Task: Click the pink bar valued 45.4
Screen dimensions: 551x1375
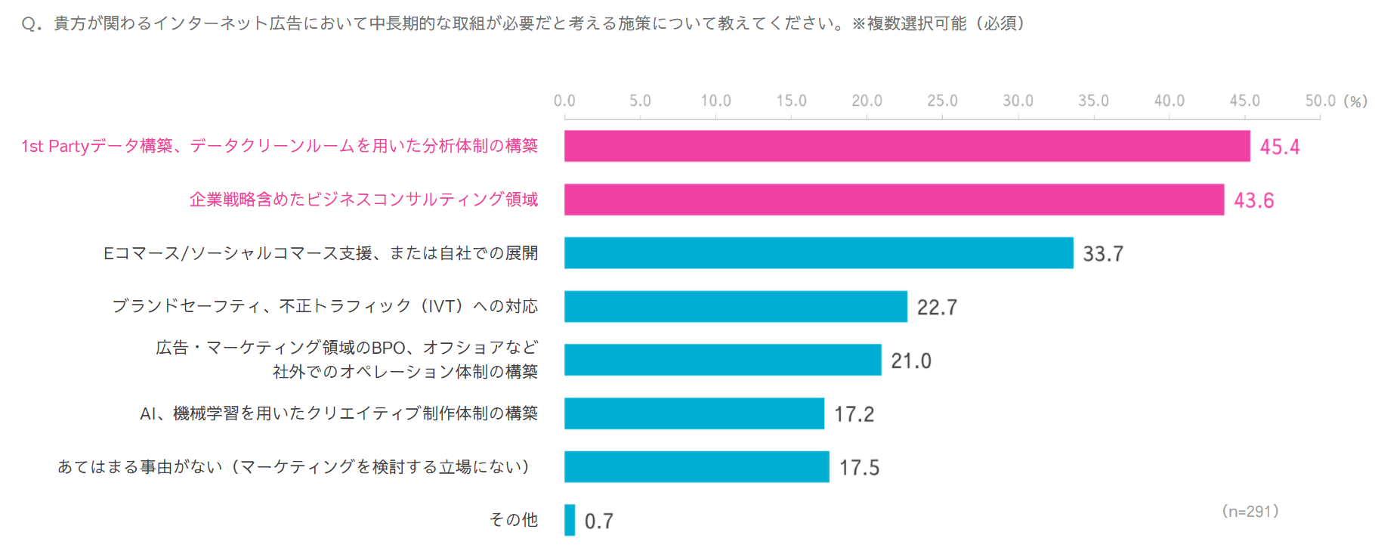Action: coord(907,146)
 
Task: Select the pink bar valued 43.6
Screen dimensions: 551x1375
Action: coord(894,200)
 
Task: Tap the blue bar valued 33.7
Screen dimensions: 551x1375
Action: coord(818,253)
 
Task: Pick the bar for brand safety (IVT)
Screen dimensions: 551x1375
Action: coord(735,306)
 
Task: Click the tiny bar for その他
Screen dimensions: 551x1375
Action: coord(570,520)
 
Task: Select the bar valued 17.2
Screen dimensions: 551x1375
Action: coord(694,413)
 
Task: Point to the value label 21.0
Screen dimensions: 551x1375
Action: coord(910,361)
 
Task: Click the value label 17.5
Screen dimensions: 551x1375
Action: coord(859,468)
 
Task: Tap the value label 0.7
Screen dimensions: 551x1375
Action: coord(598,522)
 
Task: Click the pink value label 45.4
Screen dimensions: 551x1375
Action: coord(1279,147)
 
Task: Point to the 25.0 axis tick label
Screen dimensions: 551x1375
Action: coord(942,101)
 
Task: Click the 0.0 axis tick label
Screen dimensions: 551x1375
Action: coord(564,101)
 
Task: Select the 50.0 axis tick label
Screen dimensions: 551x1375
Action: coord(1320,101)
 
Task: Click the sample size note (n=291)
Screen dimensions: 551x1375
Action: coord(1250,512)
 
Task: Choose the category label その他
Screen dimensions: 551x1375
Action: coord(514,520)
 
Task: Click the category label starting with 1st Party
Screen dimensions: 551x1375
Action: coord(280,146)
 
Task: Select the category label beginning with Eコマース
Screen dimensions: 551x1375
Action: coord(320,253)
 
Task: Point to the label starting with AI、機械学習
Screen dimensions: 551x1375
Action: coord(338,413)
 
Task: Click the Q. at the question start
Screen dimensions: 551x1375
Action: coord(32,24)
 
